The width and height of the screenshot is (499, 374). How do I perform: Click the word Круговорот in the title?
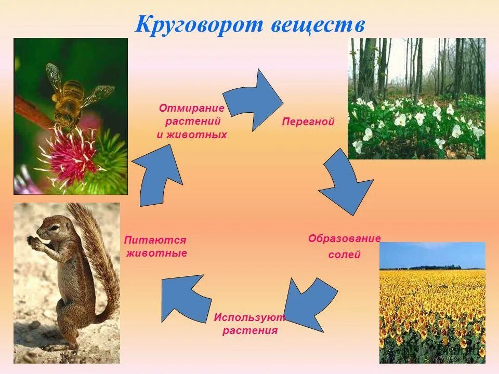point(200,25)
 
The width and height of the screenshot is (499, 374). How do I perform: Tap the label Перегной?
point(308,122)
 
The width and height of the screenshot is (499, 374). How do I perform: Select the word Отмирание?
point(191,108)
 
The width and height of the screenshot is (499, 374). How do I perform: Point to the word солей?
point(344,255)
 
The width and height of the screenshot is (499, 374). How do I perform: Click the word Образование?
point(344,238)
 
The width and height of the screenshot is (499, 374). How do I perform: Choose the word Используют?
point(249,317)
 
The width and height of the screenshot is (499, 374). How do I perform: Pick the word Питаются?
point(155,240)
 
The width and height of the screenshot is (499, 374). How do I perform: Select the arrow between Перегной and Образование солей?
point(344,182)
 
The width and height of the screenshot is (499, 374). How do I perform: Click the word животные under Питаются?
point(156,253)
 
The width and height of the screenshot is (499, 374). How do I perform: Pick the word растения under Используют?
point(250,331)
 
